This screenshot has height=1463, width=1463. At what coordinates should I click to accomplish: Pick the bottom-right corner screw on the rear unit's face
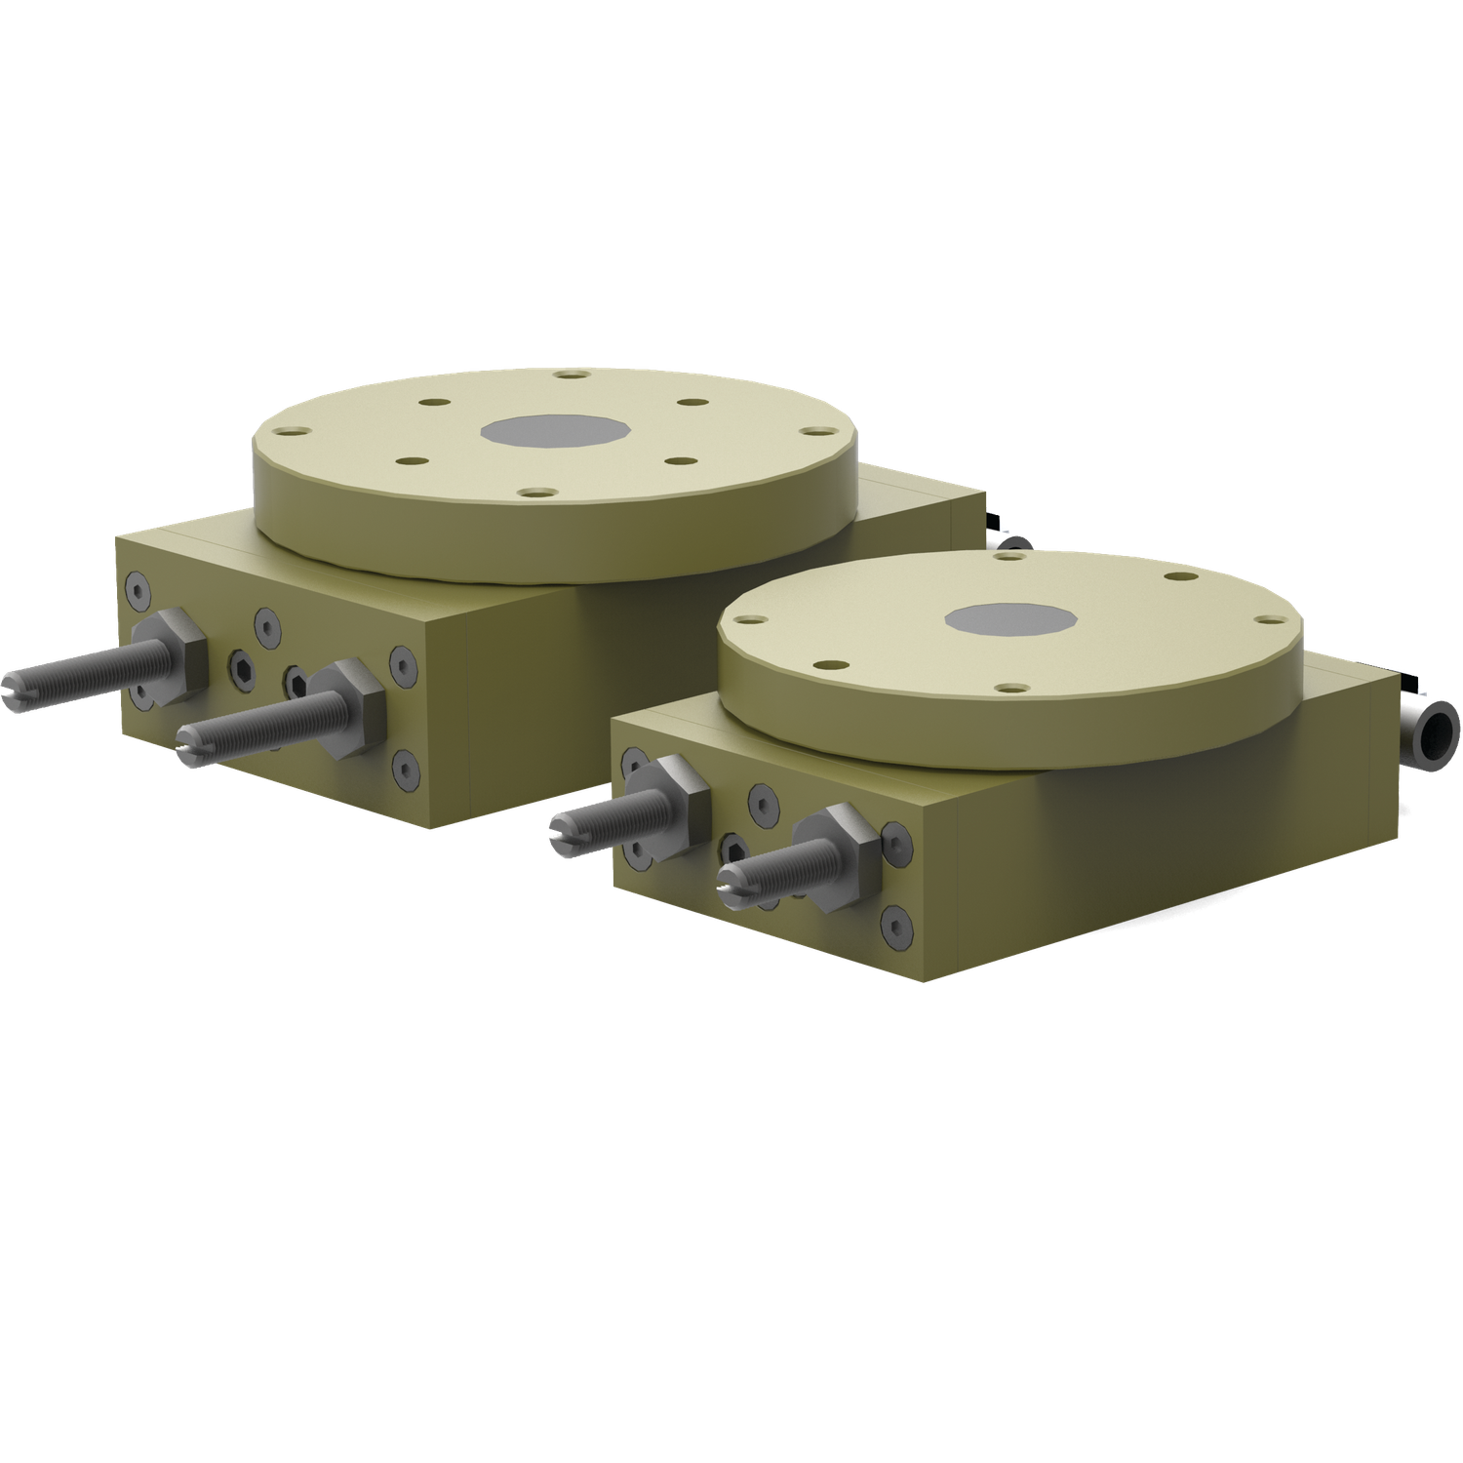tap(405, 771)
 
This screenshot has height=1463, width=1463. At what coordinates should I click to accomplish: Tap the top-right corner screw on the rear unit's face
tap(401, 660)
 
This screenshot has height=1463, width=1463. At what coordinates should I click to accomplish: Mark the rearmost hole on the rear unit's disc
tap(567, 374)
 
